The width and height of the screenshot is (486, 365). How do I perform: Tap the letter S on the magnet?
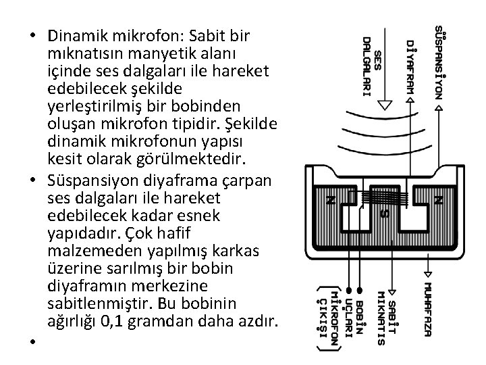(383, 214)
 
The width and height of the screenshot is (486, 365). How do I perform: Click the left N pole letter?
(331, 200)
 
